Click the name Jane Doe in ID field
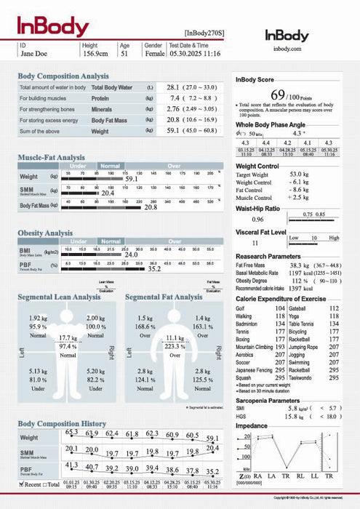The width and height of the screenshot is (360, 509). click(x=34, y=53)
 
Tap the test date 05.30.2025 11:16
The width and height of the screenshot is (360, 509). click(x=194, y=53)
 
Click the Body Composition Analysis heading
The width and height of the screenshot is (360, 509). click(x=63, y=76)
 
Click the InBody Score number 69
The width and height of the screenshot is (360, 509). click(x=278, y=95)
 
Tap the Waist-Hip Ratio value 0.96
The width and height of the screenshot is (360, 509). click(x=257, y=219)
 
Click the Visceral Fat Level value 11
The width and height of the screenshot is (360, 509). click(x=255, y=242)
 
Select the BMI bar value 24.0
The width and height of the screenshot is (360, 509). click(x=132, y=255)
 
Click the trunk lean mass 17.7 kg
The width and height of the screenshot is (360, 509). click(x=68, y=338)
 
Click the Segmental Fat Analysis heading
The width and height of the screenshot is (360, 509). click(x=164, y=297)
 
